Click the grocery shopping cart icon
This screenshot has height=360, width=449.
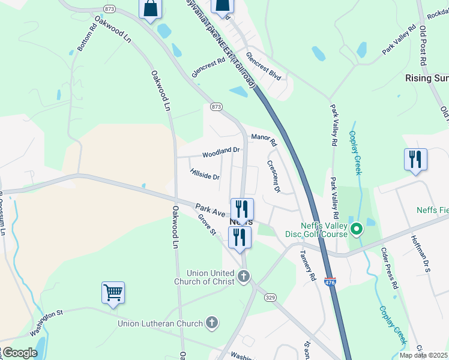(113, 293)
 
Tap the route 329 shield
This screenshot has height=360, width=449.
(271, 297)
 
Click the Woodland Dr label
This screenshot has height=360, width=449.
(221, 153)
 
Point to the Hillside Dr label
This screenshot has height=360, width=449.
(205, 176)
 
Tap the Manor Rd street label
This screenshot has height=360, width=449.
(264, 141)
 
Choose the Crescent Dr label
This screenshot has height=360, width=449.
(274, 176)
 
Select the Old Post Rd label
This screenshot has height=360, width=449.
(423, 46)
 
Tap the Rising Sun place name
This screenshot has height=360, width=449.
(427, 78)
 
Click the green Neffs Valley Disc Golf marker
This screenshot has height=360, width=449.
(356, 229)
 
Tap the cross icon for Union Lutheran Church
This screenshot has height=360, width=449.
(211, 323)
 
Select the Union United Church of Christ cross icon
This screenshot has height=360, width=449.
(243, 276)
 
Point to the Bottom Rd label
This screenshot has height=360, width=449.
(87, 37)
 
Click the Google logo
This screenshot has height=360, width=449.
(19, 353)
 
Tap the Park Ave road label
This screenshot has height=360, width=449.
(209, 210)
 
